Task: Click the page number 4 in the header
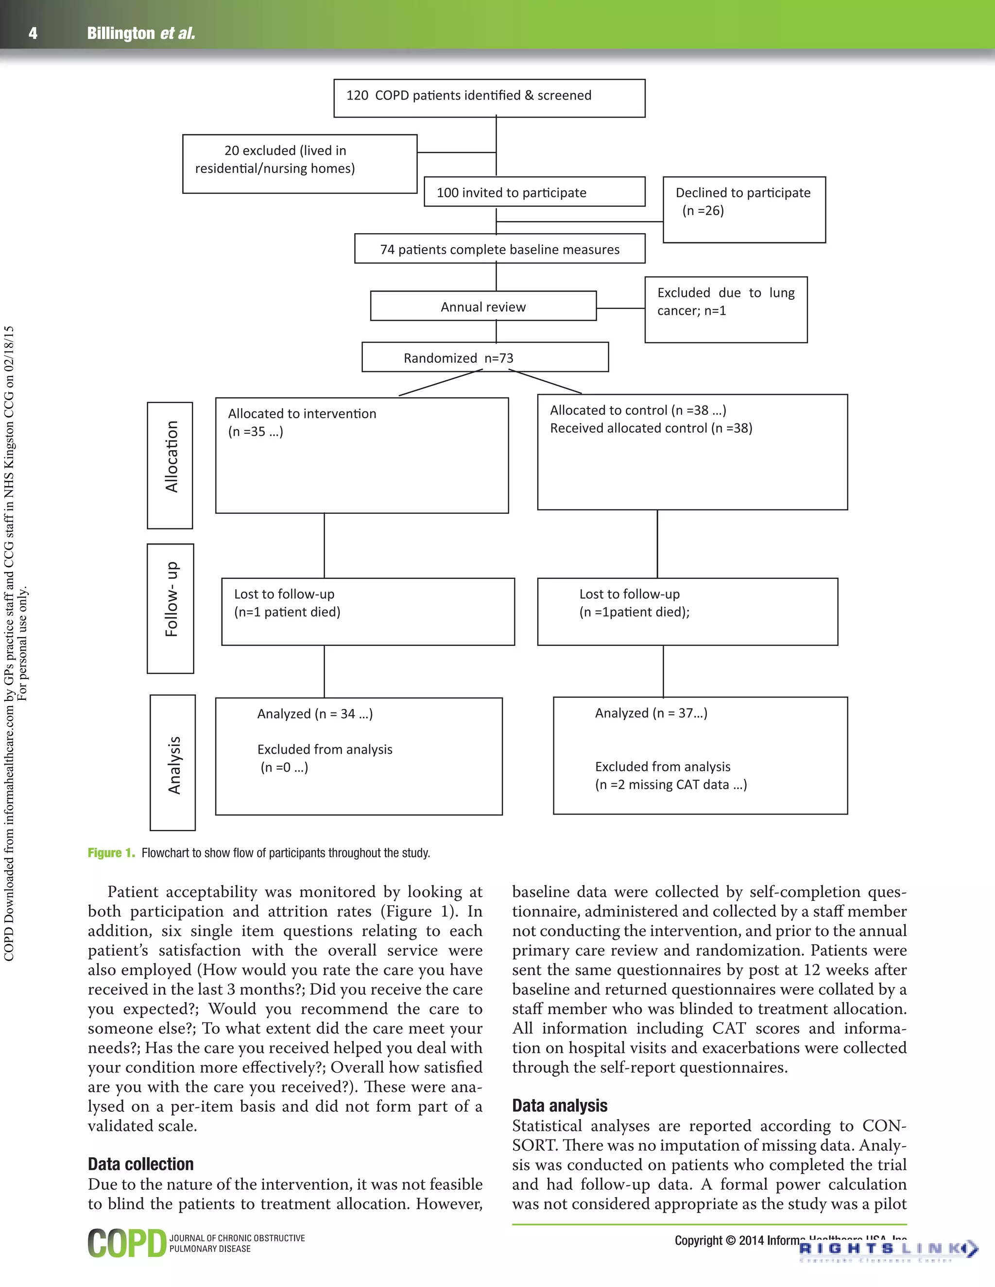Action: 33,34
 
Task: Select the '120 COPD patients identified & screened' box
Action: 489,98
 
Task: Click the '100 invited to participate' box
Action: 534,192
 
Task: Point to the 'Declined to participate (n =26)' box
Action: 743,209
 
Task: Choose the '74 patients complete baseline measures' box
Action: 499,249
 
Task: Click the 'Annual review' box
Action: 483,306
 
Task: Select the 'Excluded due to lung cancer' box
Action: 726,309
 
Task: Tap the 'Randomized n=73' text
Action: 458,358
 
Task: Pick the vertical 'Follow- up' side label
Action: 171,608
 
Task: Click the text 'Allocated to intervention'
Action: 302,413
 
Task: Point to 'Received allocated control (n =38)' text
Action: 651,428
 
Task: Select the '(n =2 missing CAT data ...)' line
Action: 671,784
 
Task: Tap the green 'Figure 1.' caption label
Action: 111,853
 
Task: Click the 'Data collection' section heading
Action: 140,1164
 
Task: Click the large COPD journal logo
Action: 127,1243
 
